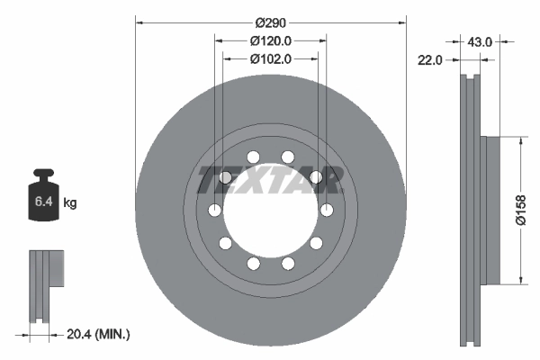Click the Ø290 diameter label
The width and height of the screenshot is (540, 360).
coord(270,21)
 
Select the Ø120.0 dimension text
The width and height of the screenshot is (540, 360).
coord(270,40)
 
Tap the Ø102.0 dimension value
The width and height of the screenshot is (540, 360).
coord(270,59)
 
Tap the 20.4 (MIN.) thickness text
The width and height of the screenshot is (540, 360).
coord(99,334)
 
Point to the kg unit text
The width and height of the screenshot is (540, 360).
coord(70,203)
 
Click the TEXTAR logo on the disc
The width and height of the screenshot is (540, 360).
coord(270,181)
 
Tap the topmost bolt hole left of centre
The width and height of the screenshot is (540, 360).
coord(253,157)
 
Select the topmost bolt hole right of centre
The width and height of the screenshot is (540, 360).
coord(287,157)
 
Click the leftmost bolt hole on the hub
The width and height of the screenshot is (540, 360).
coord(214,210)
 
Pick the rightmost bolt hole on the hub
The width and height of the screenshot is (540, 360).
coord(326,210)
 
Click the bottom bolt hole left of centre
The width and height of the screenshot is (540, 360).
coord(253,263)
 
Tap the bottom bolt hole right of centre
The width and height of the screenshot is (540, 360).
coord(287,263)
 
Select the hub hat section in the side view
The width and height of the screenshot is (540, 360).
coord(490,210)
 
